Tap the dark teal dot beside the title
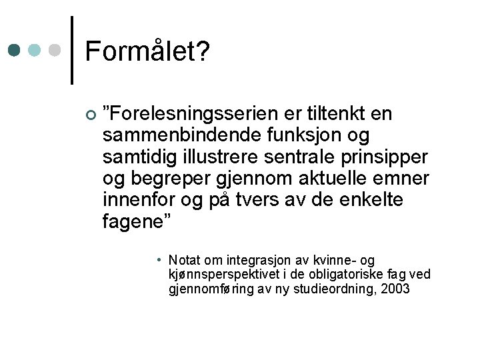point(15,51)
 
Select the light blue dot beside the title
point(35,51)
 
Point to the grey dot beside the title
point(55,51)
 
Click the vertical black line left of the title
point(72,50)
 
